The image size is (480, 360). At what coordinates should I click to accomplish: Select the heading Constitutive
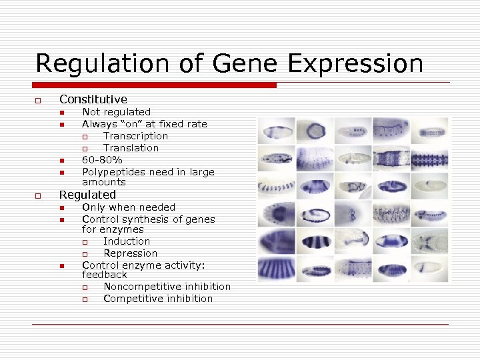[93, 99]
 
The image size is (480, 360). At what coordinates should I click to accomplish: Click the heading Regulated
[87, 195]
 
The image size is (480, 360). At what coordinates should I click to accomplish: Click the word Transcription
[135, 136]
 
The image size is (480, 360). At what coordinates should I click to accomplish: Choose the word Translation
[131, 148]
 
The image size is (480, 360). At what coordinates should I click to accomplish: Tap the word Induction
[127, 241]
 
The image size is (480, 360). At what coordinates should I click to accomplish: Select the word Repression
[130, 253]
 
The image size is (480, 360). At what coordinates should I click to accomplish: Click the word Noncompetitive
[143, 287]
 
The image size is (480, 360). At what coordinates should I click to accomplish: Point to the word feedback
[104, 275]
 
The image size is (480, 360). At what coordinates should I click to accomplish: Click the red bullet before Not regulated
[61, 113]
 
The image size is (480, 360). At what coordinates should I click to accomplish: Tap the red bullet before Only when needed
[61, 208]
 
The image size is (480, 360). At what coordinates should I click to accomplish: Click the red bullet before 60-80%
[61, 161]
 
